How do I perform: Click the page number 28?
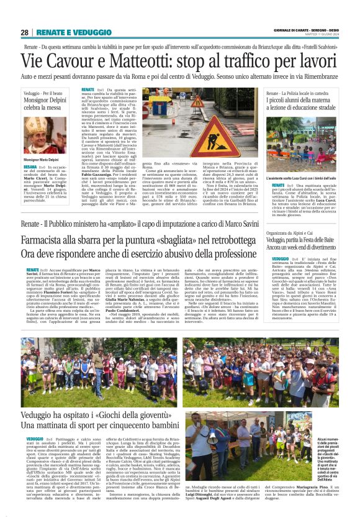click(24, 32)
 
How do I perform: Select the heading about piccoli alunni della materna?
click(301, 102)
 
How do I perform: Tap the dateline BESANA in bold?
click(30, 168)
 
